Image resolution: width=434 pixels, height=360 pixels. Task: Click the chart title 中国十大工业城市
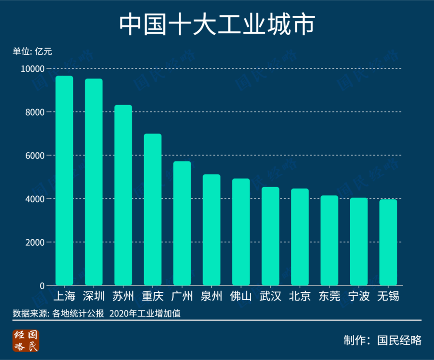point(217,25)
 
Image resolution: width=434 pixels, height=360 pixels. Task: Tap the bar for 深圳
point(94,182)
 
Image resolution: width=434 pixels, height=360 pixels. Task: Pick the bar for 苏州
point(123,195)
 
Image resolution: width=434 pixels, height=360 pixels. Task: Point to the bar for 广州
point(182,223)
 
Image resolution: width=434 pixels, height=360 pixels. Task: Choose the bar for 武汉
point(270,236)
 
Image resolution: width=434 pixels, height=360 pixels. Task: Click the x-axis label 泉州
point(211,297)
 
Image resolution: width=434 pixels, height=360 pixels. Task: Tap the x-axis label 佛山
point(241,297)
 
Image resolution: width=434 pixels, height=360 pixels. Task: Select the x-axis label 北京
point(300,297)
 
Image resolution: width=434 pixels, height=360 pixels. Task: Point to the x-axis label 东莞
point(329,297)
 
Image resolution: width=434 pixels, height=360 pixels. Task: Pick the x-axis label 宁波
point(359,297)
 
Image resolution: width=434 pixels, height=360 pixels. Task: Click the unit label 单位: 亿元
point(32,52)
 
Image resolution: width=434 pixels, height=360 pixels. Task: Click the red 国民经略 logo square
point(26,340)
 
